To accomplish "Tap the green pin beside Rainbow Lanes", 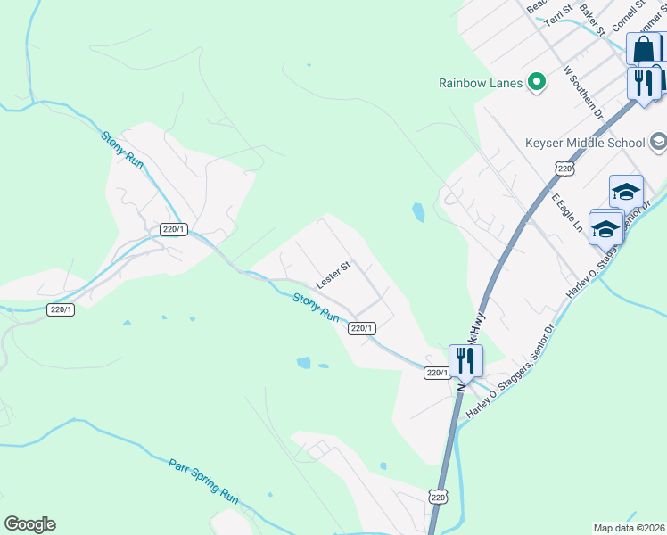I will [x=536, y=83].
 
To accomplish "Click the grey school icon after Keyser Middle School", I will [x=658, y=141].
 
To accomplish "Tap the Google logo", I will [x=29, y=524].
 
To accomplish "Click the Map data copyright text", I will [x=629, y=528].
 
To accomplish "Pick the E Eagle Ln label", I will [x=566, y=213].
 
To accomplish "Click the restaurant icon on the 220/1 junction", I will [x=465, y=361].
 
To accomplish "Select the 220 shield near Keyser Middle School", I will [x=563, y=169].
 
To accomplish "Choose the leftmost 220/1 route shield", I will [x=61, y=309].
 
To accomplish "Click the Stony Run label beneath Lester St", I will [x=317, y=309].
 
